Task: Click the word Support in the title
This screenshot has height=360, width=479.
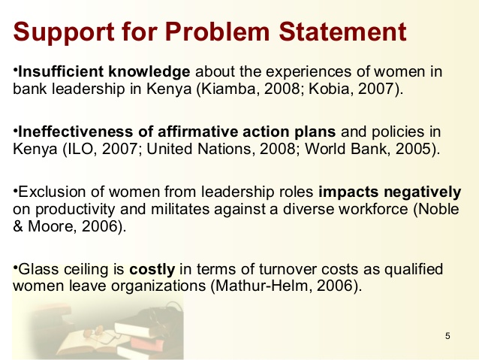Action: point(64,32)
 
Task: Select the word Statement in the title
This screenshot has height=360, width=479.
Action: point(342,32)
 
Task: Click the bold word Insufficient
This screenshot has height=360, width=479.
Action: point(61,71)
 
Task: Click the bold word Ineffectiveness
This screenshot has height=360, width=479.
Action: point(76,132)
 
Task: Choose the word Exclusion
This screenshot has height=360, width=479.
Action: point(52,192)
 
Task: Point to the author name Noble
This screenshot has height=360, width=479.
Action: point(438,209)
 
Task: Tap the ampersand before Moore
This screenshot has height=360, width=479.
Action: point(18,227)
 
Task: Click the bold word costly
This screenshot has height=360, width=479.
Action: point(152,270)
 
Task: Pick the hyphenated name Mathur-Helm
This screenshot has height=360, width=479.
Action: point(262,286)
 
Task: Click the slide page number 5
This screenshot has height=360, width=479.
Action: point(447,336)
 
